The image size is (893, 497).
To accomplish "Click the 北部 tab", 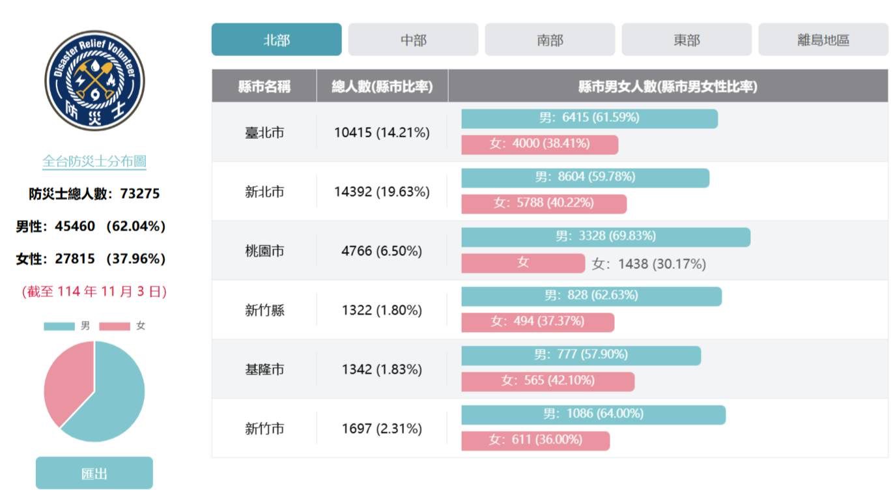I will [276, 40].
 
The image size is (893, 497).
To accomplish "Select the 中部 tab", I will [413, 40].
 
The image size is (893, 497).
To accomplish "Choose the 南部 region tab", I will [550, 40].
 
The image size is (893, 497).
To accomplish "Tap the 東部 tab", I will [687, 40].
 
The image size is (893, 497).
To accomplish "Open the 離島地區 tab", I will [823, 40].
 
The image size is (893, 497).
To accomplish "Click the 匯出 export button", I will [94, 473].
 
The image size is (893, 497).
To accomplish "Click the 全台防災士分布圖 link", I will [94, 162].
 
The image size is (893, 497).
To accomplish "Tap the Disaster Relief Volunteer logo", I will [94, 80].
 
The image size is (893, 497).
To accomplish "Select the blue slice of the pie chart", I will [117, 397].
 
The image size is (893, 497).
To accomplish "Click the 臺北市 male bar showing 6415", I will [589, 118].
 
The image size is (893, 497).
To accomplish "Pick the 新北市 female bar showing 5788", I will [543, 203].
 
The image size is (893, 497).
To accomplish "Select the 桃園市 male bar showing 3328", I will [605, 236].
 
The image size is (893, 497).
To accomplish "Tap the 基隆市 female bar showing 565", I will [547, 381].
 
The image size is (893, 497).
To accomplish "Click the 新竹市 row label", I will [264, 429].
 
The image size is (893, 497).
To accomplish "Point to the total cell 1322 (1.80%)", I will [382, 310].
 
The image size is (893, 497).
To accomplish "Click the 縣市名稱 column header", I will [264, 86].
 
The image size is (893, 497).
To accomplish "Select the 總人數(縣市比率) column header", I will [382, 86].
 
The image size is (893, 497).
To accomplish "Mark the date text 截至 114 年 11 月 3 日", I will [94, 291].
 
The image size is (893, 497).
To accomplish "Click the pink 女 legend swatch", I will [114, 326].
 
